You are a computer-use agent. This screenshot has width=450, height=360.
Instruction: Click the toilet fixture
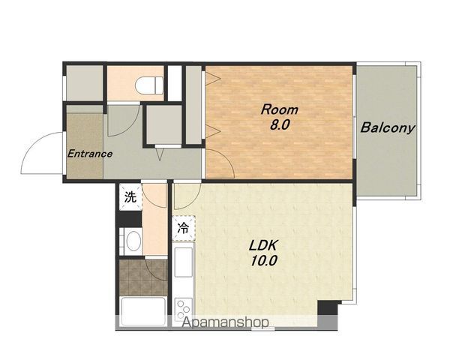149,85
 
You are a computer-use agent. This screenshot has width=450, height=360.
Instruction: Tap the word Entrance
90,154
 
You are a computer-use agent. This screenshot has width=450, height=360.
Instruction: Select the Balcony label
388,127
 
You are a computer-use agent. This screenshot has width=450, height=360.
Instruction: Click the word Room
280,110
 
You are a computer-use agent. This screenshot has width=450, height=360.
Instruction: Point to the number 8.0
280,125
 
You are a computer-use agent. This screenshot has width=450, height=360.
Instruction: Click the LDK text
263,246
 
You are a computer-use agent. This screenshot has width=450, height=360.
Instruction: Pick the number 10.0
264,261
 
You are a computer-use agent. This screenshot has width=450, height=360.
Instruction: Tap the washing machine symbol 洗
130,197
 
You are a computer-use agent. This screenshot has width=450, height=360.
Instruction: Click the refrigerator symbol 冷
184,228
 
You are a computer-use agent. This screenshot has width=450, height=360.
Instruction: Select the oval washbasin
133,241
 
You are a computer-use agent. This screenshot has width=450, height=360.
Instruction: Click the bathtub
143,311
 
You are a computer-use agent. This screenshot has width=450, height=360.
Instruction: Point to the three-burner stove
184,309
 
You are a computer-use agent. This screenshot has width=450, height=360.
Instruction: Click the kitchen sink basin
184,262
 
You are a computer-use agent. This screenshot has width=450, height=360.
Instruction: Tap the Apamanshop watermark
226,322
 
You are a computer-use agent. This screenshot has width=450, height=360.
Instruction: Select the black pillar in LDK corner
327,307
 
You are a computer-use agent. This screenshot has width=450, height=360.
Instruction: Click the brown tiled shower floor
143,277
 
